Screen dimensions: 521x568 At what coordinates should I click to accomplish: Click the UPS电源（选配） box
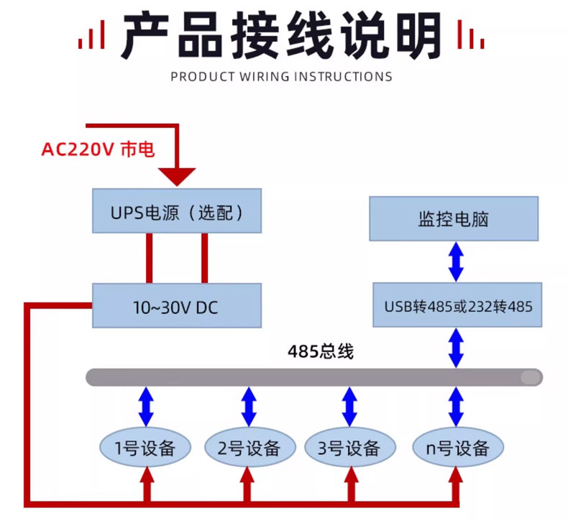tap(176, 212)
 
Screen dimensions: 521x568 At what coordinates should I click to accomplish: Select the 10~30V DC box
tap(176, 308)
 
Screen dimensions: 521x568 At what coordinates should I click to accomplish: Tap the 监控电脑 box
tap(454, 218)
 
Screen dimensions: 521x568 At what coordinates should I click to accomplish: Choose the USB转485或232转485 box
tap(457, 306)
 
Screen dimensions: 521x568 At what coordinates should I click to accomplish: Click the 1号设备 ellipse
tap(146, 448)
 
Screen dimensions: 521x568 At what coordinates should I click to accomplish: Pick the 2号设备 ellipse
tap(249, 448)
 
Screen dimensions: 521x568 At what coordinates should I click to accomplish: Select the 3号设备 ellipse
tap(349, 448)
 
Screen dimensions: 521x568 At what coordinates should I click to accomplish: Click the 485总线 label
tap(320, 352)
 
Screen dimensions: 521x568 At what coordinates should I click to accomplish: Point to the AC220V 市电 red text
tap(98, 149)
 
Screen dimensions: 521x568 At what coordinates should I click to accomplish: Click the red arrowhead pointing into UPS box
tap(177, 176)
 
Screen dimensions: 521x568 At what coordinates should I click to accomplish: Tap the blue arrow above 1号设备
tap(146, 407)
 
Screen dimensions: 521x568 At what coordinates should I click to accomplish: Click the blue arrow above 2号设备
tap(249, 407)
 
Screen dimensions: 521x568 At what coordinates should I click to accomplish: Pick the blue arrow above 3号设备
tap(349, 407)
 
